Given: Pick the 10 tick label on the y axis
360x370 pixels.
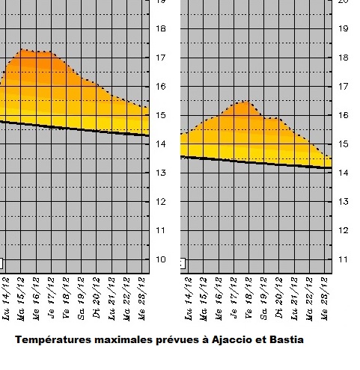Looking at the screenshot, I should (x=159, y=259).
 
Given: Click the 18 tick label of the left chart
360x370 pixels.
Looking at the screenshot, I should (x=159, y=28).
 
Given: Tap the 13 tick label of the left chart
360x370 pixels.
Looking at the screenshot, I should (x=159, y=173).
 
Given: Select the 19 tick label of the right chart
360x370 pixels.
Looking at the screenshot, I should (x=344, y=29).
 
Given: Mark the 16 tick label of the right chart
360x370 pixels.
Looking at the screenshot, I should (x=344, y=116).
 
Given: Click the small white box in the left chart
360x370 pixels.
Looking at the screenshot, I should (x=1, y=263).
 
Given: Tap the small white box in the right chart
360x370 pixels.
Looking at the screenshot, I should (x=182, y=263).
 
